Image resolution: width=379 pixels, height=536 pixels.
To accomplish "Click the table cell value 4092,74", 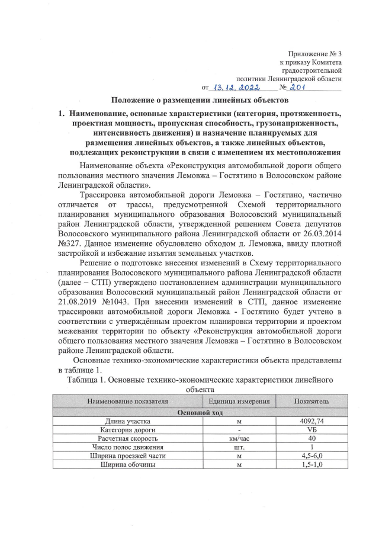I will (x=311, y=421).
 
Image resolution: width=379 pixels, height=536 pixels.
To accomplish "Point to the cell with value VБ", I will (x=311, y=429).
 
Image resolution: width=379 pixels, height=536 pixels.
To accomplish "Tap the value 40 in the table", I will (x=311, y=438).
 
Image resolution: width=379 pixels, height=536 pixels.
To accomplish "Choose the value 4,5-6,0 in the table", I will (x=311, y=456).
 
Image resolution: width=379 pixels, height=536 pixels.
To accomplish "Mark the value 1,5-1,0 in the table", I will (x=311, y=465).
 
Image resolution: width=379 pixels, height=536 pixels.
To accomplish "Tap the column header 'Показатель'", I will (x=311, y=402).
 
